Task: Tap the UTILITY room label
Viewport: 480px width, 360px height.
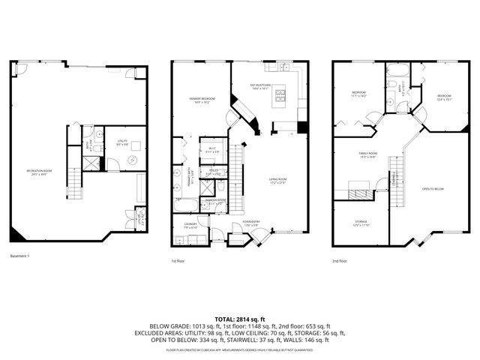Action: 122,142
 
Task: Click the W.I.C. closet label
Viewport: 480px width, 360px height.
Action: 211,149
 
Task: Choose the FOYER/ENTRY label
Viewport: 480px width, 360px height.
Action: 251,223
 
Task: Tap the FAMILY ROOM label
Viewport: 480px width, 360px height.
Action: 367,154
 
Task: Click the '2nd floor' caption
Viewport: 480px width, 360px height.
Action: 340,261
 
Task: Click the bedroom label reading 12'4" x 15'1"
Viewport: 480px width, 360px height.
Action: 444,97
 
